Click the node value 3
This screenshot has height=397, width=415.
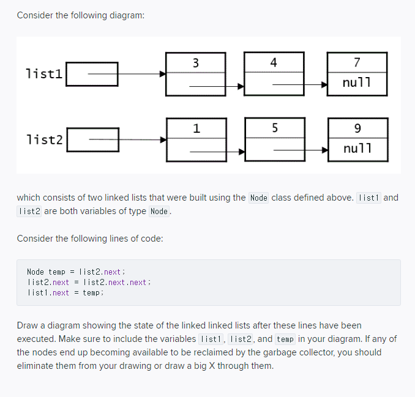(x=195, y=62)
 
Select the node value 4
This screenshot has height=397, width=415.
(x=273, y=62)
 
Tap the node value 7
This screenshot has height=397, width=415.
(x=357, y=62)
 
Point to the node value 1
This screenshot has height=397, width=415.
(x=195, y=128)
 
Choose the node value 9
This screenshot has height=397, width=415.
(x=357, y=128)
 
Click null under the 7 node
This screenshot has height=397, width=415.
(x=357, y=83)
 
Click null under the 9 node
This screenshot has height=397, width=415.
(x=357, y=149)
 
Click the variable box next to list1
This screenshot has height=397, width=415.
(x=92, y=74)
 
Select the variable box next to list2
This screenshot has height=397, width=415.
(x=92, y=140)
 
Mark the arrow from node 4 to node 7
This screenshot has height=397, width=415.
(x=300, y=86)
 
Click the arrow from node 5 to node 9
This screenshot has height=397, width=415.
(x=300, y=149)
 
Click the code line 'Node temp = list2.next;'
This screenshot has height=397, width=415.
(x=77, y=272)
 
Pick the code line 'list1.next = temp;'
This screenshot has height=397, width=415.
(x=65, y=292)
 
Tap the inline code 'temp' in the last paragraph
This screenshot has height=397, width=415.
(x=285, y=339)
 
